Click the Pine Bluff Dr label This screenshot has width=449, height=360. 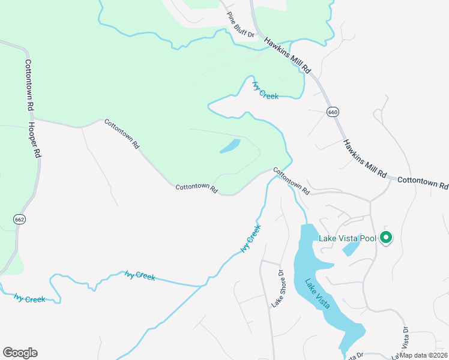click(x=241, y=25)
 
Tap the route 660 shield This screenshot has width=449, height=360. click(x=333, y=112)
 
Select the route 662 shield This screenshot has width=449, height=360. click(x=20, y=220)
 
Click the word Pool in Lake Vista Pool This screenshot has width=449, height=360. click(x=368, y=238)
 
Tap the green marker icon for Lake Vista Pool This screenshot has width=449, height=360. click(x=385, y=238)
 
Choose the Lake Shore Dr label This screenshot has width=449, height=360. click(x=277, y=289)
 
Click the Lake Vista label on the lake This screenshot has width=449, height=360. click(x=316, y=294)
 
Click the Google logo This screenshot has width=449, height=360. click(x=20, y=353)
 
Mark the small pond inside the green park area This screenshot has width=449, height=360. click(x=231, y=146)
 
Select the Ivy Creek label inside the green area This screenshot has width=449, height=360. click(x=265, y=91)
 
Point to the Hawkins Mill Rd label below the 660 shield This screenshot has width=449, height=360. click(x=364, y=158)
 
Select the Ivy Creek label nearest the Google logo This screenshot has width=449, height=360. click(x=30, y=298)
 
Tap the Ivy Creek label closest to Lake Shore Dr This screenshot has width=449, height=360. click(x=251, y=239)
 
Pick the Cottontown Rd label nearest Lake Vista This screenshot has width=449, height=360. click(x=291, y=180)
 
